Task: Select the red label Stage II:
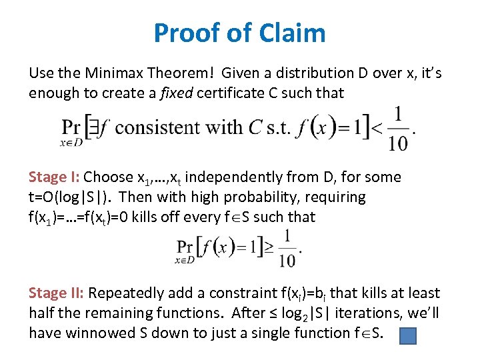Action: (57, 293)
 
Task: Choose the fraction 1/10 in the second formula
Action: (288, 248)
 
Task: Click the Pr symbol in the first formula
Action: (71, 127)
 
